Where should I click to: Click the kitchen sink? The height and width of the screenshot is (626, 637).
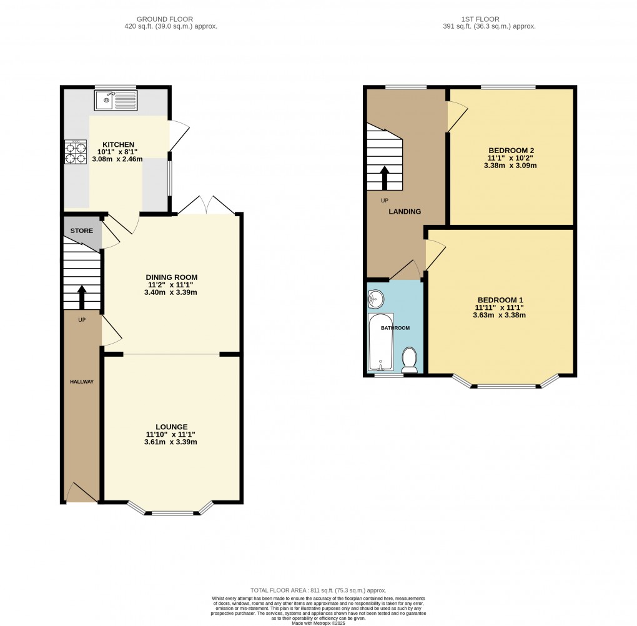[116, 99]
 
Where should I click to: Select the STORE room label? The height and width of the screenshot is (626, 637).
[81, 231]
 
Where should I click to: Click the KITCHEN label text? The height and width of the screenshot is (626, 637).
[119, 144]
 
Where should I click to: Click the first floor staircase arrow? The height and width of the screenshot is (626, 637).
[384, 177]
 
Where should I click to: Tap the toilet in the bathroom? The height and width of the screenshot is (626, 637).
[410, 360]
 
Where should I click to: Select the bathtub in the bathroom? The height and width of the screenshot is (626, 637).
[380, 342]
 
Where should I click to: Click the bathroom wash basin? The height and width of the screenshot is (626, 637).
[375, 300]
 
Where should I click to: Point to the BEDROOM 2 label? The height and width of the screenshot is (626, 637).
[511, 151]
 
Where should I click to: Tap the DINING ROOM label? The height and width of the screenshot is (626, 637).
[171, 277]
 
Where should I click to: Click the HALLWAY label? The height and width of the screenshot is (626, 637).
[81, 381]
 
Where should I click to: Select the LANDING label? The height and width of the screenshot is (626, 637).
[405, 212]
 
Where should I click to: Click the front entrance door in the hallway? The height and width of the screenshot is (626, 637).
[81, 493]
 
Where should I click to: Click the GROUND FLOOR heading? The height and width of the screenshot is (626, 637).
[171, 19]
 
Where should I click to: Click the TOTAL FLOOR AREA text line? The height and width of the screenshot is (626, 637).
[318, 590]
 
